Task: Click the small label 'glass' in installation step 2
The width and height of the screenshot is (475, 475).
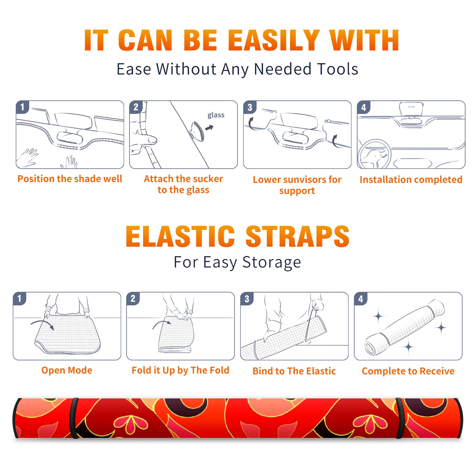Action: (216, 115)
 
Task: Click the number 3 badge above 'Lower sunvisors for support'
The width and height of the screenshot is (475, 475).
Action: (250, 107)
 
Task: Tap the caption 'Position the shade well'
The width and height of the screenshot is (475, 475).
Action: (70, 179)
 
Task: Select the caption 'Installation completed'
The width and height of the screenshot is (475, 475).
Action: (411, 180)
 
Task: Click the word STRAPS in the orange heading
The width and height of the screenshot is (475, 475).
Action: (297, 236)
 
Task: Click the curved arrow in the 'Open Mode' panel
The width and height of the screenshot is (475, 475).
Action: (42, 324)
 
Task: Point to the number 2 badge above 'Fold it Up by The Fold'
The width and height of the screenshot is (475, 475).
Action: (133, 299)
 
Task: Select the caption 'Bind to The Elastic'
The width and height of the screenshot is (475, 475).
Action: (294, 371)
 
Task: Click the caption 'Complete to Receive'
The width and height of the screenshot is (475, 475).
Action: (408, 371)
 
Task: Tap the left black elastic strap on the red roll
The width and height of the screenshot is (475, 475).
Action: (74, 418)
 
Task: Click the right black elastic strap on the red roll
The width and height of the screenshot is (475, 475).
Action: (400, 418)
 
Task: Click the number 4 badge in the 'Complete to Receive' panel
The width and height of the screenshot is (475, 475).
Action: (360, 299)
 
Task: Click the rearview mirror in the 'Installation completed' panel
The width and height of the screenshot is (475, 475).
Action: (411, 109)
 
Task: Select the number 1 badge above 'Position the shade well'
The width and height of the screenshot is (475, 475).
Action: (22, 107)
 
